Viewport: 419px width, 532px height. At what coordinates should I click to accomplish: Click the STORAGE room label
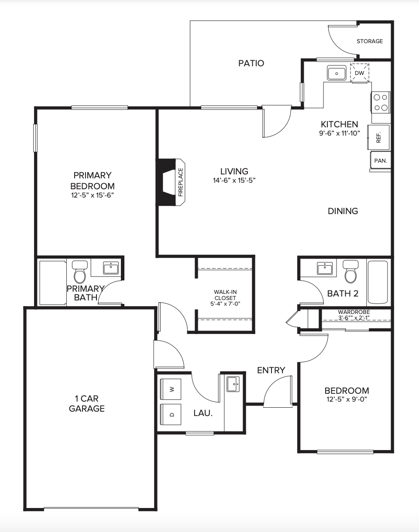click(x=370, y=41)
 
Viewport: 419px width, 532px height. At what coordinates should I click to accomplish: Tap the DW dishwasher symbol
click(x=360, y=73)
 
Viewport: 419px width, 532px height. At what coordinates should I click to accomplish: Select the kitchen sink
click(x=337, y=73)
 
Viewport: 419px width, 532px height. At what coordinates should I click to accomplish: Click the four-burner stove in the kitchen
click(x=381, y=102)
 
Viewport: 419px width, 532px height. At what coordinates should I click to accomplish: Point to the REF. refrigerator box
click(x=378, y=137)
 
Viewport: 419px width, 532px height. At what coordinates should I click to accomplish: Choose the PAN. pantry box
click(x=381, y=160)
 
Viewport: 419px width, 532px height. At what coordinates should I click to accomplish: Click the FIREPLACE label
click(x=180, y=182)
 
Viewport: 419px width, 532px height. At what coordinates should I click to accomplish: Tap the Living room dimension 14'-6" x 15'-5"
click(x=234, y=181)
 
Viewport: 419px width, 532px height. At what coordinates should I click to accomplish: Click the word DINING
click(x=343, y=211)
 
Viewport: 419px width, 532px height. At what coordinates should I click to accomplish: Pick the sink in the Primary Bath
click(x=110, y=268)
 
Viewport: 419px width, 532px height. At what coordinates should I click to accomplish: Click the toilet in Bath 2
click(x=350, y=271)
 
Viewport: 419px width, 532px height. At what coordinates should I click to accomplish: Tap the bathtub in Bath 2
click(x=378, y=282)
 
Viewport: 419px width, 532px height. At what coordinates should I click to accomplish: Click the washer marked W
click(x=171, y=389)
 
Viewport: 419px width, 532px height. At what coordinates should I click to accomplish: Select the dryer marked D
click(x=171, y=415)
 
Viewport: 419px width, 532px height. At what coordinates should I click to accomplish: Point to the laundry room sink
click(x=233, y=384)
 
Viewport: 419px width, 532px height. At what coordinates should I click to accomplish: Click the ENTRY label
click(x=271, y=370)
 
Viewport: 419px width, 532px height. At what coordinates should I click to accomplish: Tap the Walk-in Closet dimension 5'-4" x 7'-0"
click(x=225, y=304)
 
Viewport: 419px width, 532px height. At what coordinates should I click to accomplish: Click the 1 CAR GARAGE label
click(x=86, y=403)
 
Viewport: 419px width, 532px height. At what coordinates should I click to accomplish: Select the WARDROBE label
click(x=354, y=312)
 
